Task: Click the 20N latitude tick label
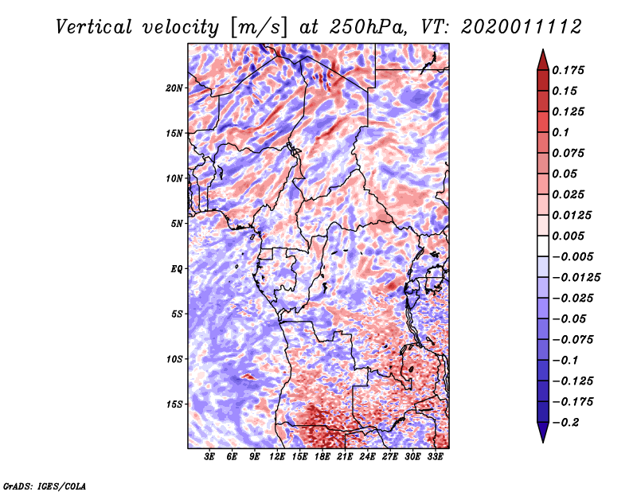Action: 174,88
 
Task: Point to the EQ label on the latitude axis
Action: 176,269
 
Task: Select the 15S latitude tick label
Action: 174,404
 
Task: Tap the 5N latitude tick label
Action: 177,224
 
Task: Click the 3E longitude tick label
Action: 210,457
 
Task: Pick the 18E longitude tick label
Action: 322,457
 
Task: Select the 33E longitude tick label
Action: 435,457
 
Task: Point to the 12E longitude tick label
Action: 278,457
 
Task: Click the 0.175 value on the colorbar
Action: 571,70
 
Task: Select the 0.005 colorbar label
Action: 571,236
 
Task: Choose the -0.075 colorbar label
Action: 576,339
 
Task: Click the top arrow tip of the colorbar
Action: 541,51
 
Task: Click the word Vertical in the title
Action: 96,27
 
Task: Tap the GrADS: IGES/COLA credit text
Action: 44,485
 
